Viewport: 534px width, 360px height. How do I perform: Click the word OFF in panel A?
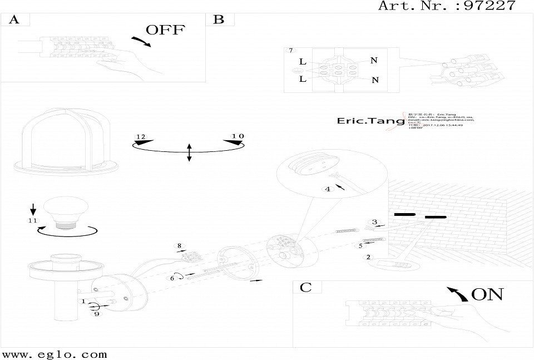point(165,30)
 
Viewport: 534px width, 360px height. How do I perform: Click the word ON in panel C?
point(487,294)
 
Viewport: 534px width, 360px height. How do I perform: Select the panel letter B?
point(219,20)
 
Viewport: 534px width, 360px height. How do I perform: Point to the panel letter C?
point(305,287)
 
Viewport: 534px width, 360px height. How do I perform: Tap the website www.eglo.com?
point(54,354)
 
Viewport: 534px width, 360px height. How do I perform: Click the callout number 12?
point(140,137)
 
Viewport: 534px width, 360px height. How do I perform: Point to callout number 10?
point(238,136)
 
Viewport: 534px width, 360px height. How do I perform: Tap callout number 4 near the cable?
point(328,189)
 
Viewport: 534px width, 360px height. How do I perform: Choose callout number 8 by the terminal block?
point(179,245)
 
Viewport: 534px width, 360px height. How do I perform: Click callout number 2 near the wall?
point(368,257)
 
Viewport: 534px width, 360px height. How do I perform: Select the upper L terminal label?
point(303,62)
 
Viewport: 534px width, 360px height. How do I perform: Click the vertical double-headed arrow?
point(189,152)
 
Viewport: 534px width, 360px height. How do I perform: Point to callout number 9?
point(96,314)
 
